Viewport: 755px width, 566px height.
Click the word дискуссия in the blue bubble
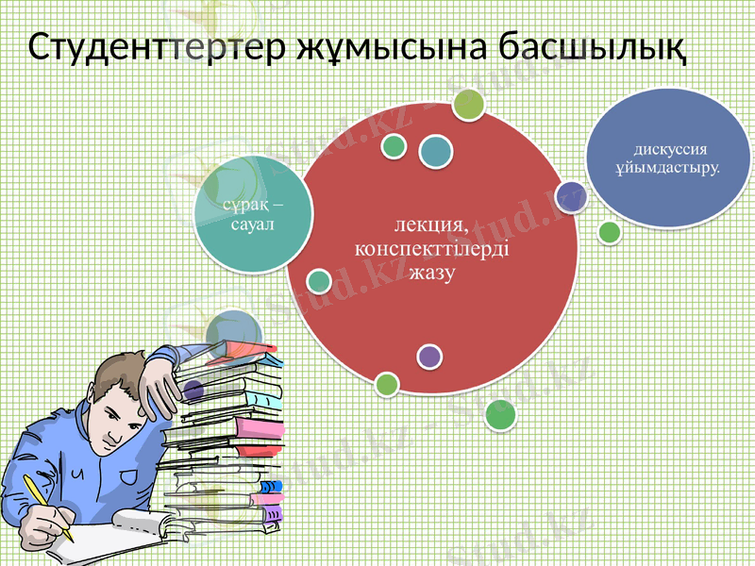pos(671,149)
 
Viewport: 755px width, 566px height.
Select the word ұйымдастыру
pos(666,169)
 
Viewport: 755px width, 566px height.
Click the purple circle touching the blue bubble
pos(571,196)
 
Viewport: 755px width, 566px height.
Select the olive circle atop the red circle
pos(469,104)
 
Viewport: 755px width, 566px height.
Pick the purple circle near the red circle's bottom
pos(429,356)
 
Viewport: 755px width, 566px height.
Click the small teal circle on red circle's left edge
pos(320,280)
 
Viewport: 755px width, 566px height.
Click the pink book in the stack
pos(259,430)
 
